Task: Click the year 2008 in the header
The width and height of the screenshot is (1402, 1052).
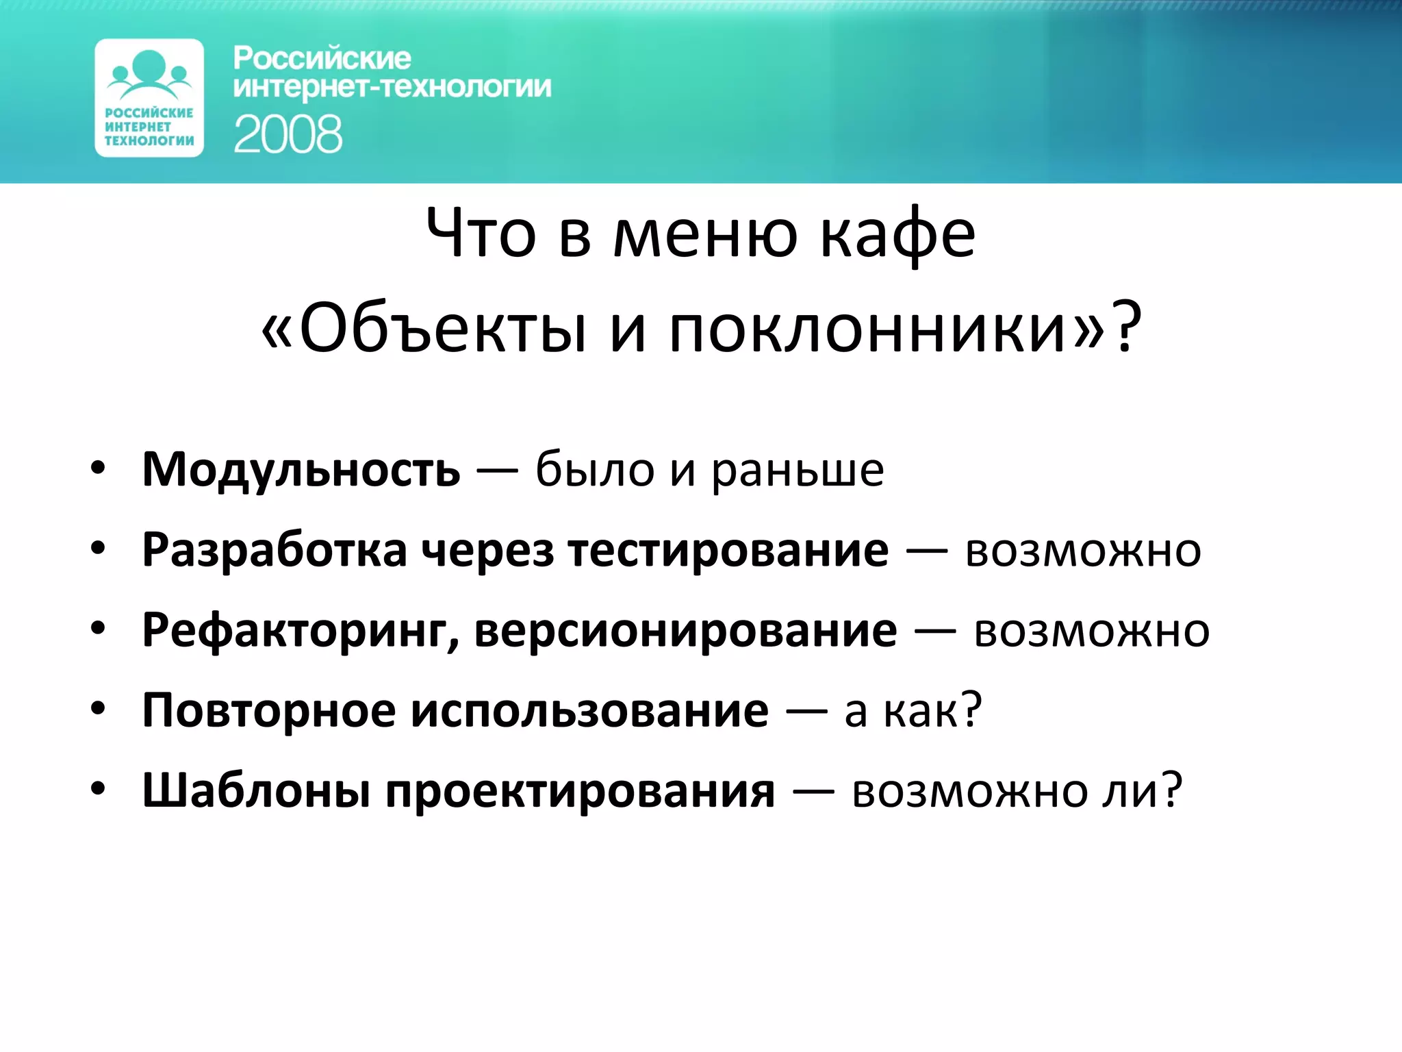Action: point(288,134)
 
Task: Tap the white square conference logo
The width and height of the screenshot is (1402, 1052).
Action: point(149,98)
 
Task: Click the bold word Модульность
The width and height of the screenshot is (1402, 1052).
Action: point(301,471)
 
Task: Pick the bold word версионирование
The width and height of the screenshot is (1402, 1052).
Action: point(685,631)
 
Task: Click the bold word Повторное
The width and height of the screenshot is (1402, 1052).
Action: point(269,711)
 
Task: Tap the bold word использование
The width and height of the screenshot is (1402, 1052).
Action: point(589,711)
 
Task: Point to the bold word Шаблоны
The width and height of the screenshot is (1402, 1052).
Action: point(257,791)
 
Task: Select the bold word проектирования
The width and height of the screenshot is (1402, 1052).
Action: point(581,791)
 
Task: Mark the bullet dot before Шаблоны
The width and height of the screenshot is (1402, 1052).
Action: point(99,789)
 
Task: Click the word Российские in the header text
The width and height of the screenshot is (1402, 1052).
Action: point(322,59)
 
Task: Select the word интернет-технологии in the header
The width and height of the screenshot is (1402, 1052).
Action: point(392,88)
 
